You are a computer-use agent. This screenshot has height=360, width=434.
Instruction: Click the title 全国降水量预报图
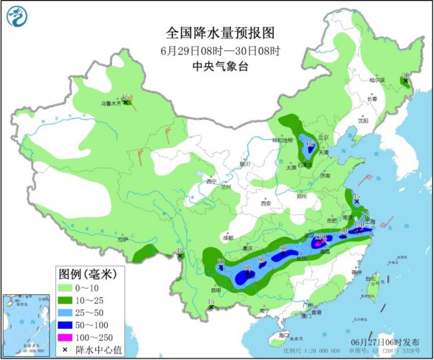(220, 33)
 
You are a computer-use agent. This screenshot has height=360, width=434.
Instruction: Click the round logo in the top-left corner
(17, 16)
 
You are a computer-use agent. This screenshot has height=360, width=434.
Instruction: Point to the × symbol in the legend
(66, 350)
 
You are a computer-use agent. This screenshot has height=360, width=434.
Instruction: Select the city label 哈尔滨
(377, 80)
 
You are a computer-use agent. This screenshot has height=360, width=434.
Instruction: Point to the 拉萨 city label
(123, 239)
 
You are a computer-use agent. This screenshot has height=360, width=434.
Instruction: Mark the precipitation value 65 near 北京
(310, 144)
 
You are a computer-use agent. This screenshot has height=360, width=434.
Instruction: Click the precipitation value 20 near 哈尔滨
(405, 75)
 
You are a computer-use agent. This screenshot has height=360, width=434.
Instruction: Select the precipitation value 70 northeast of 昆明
(220, 261)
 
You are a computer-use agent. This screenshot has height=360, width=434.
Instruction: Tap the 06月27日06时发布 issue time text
(385, 342)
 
